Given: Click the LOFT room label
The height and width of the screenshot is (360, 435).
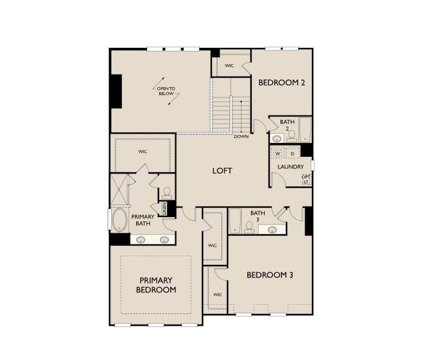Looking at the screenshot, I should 222,170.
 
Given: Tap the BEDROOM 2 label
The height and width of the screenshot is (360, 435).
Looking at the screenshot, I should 282,82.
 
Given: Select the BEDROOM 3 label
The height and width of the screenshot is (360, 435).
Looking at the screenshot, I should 270,274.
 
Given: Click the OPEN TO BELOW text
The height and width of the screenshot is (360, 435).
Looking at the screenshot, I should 166,91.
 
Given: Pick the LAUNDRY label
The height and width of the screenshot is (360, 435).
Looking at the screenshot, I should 291,167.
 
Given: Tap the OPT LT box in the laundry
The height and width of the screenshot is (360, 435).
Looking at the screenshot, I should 306,179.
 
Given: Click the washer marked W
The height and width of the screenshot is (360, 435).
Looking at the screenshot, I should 278,153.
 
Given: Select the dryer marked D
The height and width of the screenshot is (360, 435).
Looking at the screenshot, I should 293,153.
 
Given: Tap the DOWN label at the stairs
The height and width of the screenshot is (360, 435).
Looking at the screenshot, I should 242,136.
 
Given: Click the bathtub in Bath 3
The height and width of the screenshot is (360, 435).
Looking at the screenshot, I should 235,221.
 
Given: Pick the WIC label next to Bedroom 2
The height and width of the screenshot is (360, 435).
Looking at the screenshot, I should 229,65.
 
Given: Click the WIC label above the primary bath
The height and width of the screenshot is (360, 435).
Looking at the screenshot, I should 142,151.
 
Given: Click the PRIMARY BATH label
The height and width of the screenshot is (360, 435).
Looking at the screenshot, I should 142,219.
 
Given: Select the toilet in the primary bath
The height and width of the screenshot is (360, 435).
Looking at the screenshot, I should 167,193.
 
